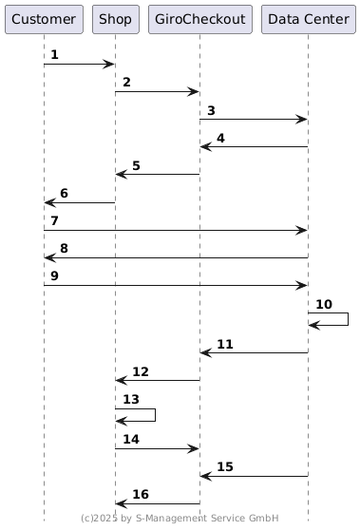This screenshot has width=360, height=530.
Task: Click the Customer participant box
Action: coord(44,19)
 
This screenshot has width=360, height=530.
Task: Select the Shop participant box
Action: coord(116,19)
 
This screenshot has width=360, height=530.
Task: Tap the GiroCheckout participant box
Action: coord(200,19)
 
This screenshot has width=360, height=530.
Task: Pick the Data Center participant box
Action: coord(309,19)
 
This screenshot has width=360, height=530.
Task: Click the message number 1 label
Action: coord(54,54)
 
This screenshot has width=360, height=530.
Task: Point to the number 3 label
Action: coord(211,110)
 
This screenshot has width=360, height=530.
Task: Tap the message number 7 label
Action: coord(54,220)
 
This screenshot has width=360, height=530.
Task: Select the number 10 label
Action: coord(324,304)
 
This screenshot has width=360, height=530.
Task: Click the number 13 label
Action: coord(131,399)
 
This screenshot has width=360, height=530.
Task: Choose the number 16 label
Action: coord(141,494)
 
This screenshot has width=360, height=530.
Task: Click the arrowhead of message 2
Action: coord(194,91)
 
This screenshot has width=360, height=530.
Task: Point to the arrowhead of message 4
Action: coord(206,146)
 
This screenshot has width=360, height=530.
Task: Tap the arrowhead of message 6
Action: coord(50,203)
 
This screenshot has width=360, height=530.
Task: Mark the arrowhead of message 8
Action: coord(50,258)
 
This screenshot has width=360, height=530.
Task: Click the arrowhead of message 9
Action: coord(301,285)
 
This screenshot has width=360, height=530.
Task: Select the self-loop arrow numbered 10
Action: coord(349,319)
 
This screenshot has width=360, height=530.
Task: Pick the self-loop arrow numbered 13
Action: coord(155,415)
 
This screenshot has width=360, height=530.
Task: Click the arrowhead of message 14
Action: coord(194,449)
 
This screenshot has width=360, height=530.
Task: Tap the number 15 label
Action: coord(225,466)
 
